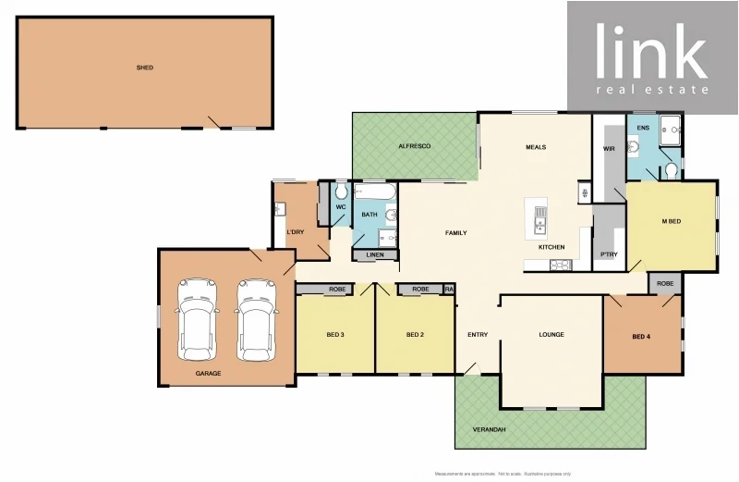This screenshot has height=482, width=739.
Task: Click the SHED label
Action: point(144,68)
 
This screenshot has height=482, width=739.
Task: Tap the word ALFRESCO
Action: point(415,147)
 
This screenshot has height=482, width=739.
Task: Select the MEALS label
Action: point(536,147)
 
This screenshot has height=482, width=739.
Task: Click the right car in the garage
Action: point(256,319)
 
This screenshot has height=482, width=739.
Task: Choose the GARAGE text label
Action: point(208,374)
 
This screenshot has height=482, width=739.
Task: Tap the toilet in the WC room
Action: point(340,192)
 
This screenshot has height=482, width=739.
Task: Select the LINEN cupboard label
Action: point(375,254)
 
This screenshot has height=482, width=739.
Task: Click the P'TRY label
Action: point(609,254)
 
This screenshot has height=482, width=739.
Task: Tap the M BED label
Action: point(672,222)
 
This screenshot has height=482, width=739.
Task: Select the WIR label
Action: point(609,148)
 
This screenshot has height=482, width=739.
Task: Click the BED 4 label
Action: point(641,337)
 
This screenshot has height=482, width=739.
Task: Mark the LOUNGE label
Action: point(551,335)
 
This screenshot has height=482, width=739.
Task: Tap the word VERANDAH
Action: point(491,430)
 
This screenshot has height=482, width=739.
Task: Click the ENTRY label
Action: point(478,335)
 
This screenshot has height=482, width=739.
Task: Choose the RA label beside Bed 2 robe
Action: point(449,290)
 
